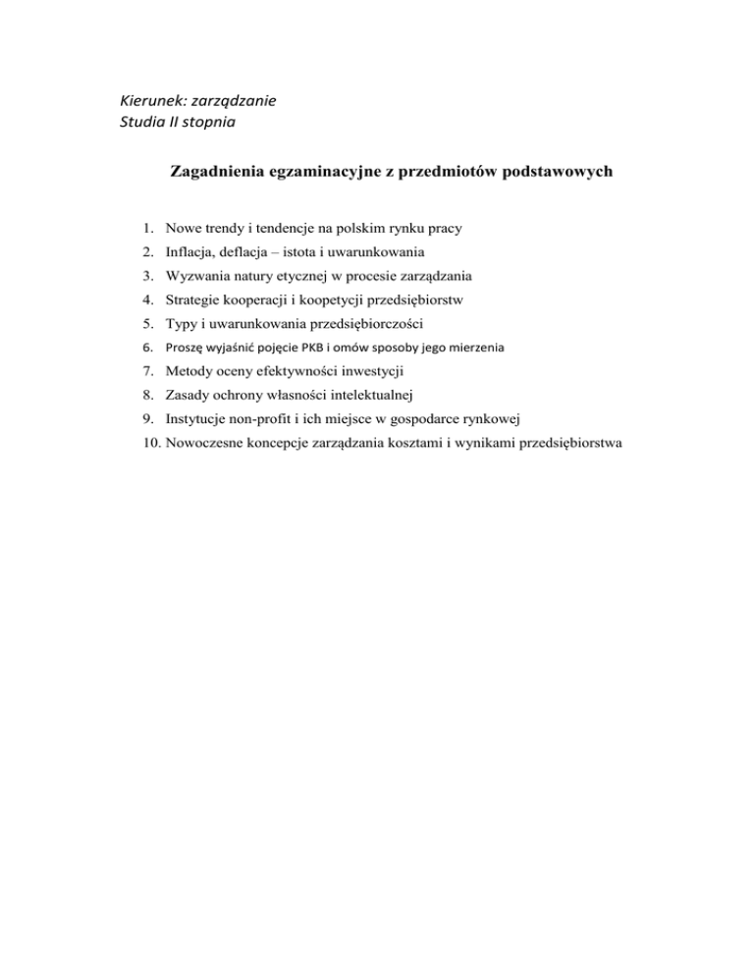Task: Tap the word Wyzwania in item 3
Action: point(198,276)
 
